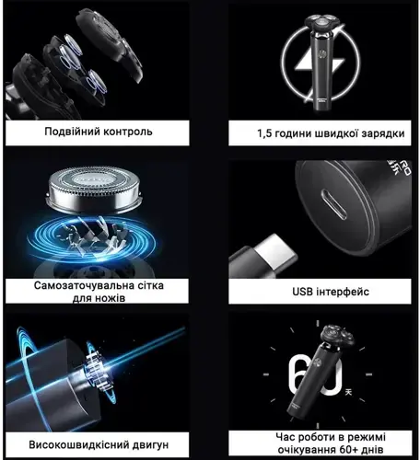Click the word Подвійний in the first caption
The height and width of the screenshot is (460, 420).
coord(75,132)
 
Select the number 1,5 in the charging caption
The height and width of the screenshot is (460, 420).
coord(266,133)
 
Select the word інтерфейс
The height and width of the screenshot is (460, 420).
coord(344,292)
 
